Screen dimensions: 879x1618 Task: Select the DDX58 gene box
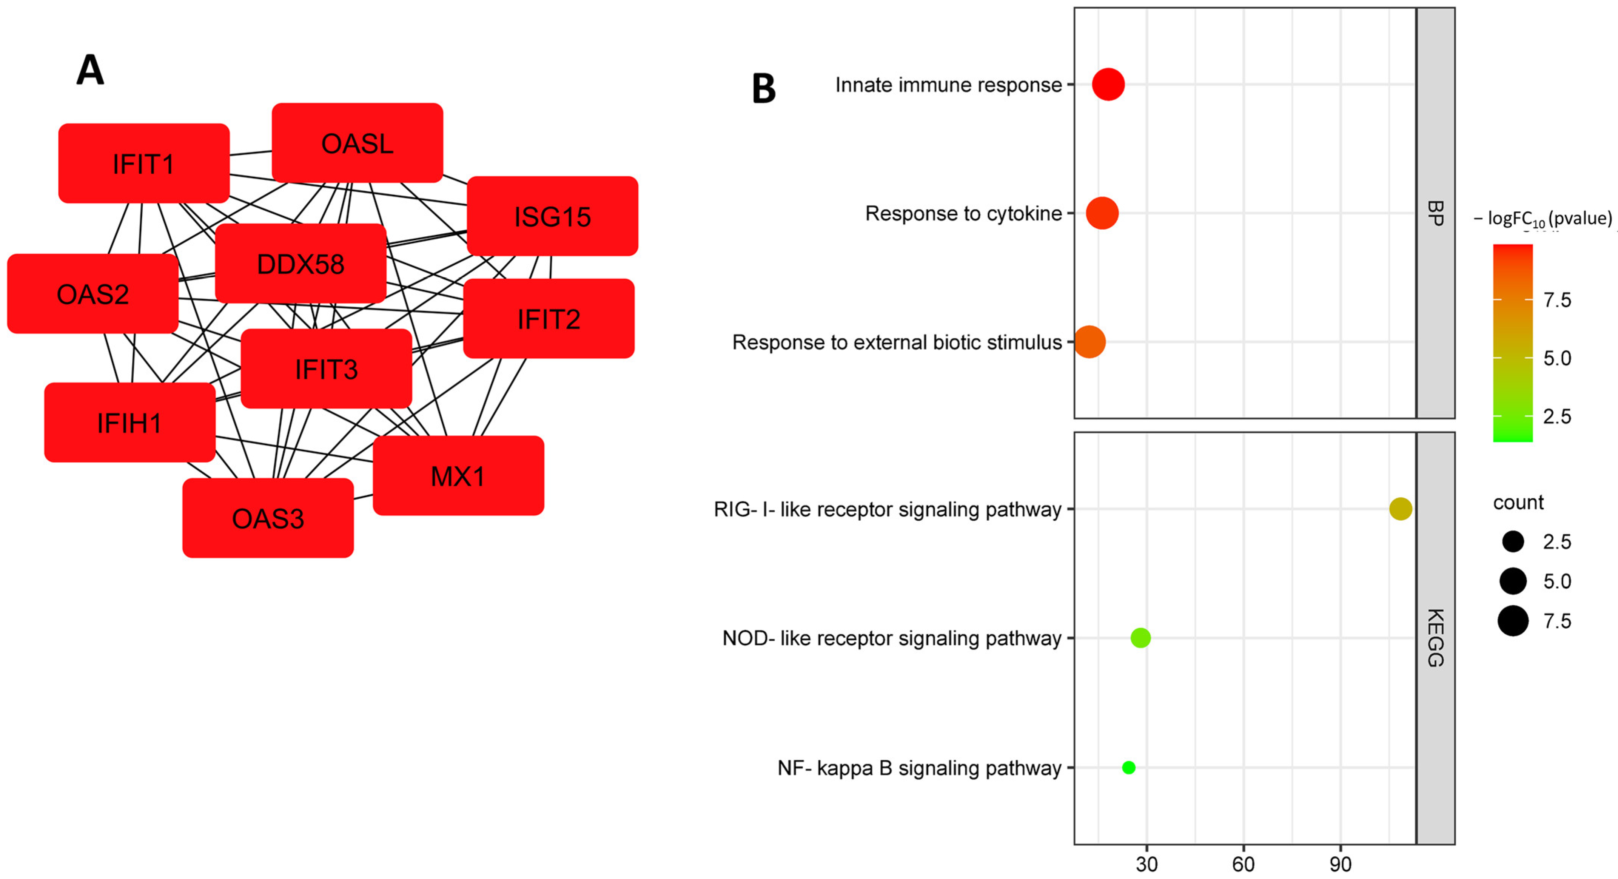pyautogui.click(x=300, y=264)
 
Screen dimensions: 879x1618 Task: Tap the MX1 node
pyautogui.click(x=458, y=476)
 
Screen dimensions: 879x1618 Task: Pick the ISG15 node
pyautogui.click(x=552, y=216)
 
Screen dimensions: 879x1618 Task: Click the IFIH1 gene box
pyautogui.click(x=129, y=423)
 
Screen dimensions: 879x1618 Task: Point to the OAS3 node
pyautogui.click(x=268, y=518)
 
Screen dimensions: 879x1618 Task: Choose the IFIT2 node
pyautogui.click(x=549, y=319)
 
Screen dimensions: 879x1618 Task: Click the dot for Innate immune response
pyautogui.click(x=1108, y=84)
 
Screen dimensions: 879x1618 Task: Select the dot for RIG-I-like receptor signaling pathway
pyautogui.click(x=1400, y=509)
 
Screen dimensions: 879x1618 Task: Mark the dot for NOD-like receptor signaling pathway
pyautogui.click(x=1140, y=638)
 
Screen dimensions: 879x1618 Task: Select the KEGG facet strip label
pyautogui.click(x=1435, y=638)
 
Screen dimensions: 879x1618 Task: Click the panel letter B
pyautogui.click(x=763, y=89)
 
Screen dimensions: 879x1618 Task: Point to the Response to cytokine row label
pyautogui.click(x=963, y=214)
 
